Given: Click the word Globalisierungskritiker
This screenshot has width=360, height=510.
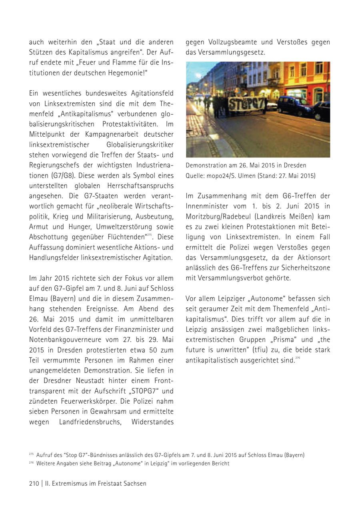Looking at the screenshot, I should coord(140,144).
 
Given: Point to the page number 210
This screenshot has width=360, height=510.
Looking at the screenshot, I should coord(34,483).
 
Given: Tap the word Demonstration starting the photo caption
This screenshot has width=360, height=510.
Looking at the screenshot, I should coord(205,165).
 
